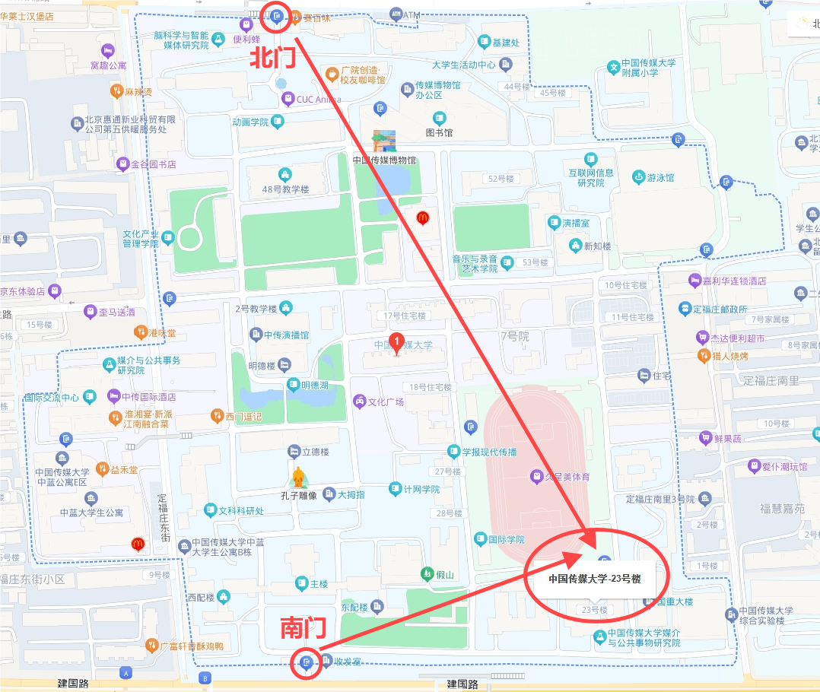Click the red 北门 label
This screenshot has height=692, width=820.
pos(273,59)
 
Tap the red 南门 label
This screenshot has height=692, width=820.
pos(304,628)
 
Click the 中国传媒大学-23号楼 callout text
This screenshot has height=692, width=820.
pos(595,579)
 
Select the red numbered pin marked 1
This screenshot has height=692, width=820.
pos(396,343)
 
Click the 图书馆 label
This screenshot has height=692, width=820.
pos(439,133)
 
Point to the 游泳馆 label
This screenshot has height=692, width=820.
pos(660,178)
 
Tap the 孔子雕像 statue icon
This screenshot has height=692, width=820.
pos(299,478)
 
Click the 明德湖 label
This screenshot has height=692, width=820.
pos(314,386)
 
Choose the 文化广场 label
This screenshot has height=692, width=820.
pos(386,402)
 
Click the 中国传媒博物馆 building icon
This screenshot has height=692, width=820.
pos(384,141)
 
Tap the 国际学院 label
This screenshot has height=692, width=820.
pos(506,539)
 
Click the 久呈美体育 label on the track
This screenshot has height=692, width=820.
pos(567,477)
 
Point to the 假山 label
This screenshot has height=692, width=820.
pos(445,575)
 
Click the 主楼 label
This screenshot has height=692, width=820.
pos(319,584)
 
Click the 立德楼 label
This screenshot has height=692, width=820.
pos(316,452)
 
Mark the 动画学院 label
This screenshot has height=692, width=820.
pos(250,122)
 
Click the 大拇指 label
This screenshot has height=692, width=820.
pos(351,494)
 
